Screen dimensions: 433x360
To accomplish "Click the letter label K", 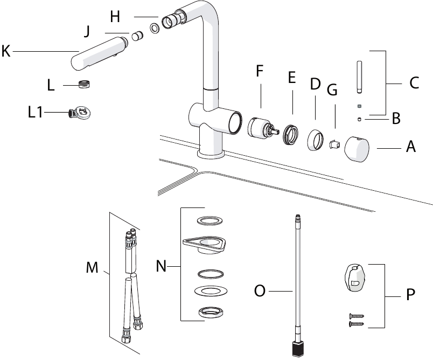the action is (x=6, y=51).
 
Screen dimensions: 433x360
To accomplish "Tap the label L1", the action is (x=36, y=112).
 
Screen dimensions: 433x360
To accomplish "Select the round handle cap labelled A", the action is (x=357, y=149).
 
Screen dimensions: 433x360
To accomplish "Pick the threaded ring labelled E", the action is (x=291, y=134).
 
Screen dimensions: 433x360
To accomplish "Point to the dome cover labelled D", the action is (x=316, y=140).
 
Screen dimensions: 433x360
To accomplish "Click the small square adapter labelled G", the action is (x=334, y=144).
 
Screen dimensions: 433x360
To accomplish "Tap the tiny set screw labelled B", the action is (x=359, y=119).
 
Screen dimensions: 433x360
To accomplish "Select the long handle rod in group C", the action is (x=359, y=78).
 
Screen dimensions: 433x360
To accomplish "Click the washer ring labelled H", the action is (x=155, y=28).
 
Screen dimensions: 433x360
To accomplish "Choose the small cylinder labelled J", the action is (x=137, y=36).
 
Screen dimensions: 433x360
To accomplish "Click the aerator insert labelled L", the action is (x=85, y=84).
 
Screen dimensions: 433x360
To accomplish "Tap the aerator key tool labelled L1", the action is (x=80, y=113).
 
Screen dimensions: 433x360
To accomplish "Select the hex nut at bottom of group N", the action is (x=211, y=312).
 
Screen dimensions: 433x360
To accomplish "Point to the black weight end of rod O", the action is (x=299, y=349).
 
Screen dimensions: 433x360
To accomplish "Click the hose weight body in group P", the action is (x=355, y=278).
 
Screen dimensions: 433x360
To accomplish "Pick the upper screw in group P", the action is (x=356, y=316).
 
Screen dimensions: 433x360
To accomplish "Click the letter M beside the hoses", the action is (x=92, y=267).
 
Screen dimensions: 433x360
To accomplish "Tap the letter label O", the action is (x=260, y=291).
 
